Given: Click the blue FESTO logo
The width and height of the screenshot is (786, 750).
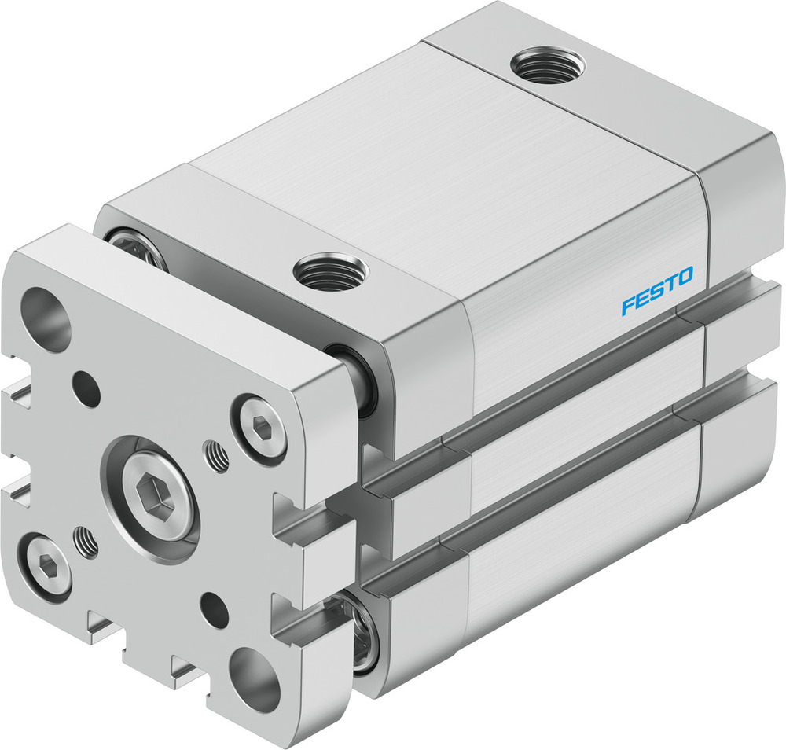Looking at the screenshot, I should [657, 292].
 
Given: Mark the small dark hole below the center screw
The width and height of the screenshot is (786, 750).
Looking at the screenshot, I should [215, 608].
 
